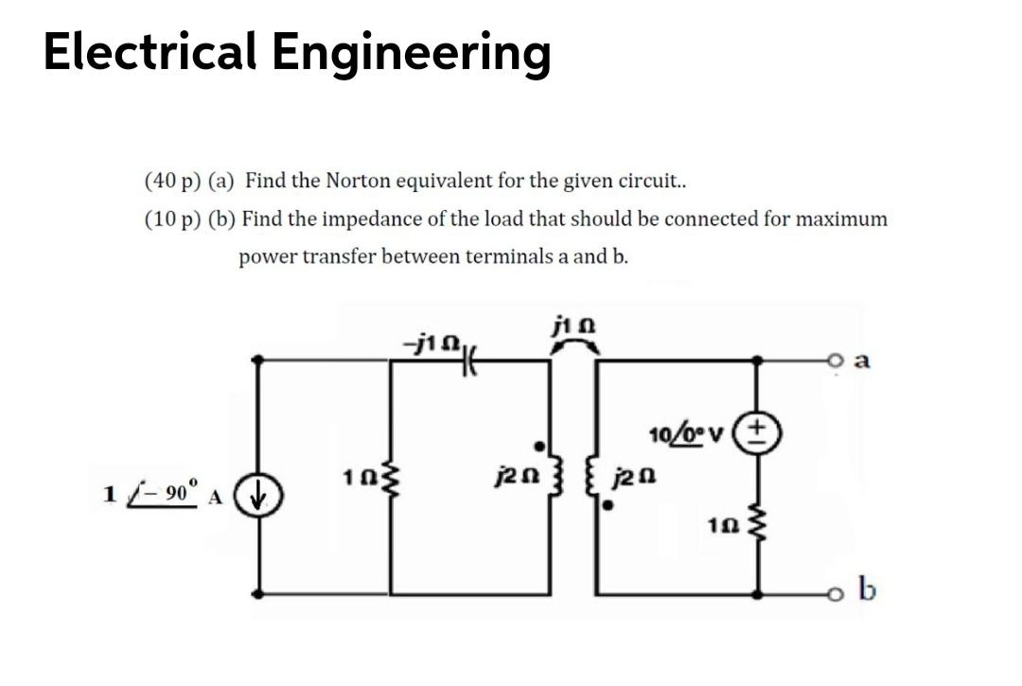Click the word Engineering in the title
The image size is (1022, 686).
(412, 53)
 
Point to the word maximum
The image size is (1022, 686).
(841, 220)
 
